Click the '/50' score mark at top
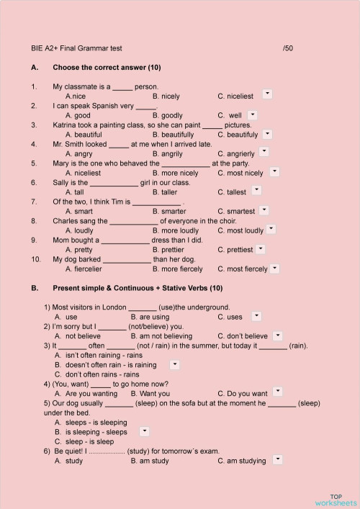pos(288,48)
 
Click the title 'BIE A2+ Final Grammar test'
pos(77,48)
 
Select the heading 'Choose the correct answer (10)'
pos(107,68)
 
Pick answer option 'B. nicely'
pos(166,96)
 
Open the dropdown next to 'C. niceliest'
pos(267,94)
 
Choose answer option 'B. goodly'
pos(168,115)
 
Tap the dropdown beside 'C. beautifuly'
pos(267,133)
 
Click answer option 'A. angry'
pos(78,153)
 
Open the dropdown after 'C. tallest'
pos(256,191)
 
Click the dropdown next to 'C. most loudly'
pos(271,229)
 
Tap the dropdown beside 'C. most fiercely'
pos(274,268)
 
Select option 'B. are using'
pos(150,317)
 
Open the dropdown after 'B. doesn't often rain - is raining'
pos(175,364)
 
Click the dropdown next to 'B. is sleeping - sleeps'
pos(144,431)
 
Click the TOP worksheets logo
pos(335,500)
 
